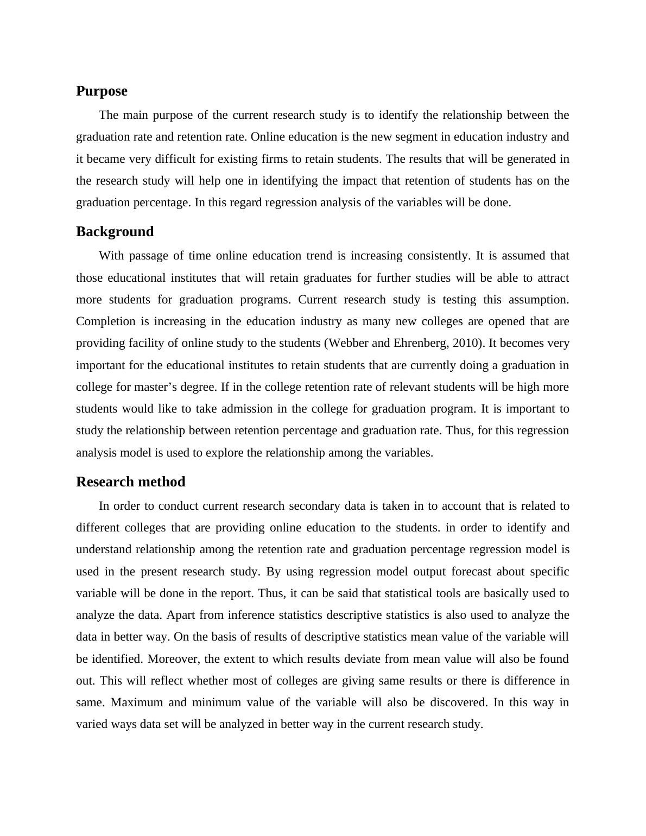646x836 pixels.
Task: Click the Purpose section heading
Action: tap(102, 91)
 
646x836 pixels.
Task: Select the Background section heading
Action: tap(115, 232)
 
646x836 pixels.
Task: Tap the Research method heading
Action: tap(130, 482)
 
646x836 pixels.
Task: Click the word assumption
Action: tap(537, 300)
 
